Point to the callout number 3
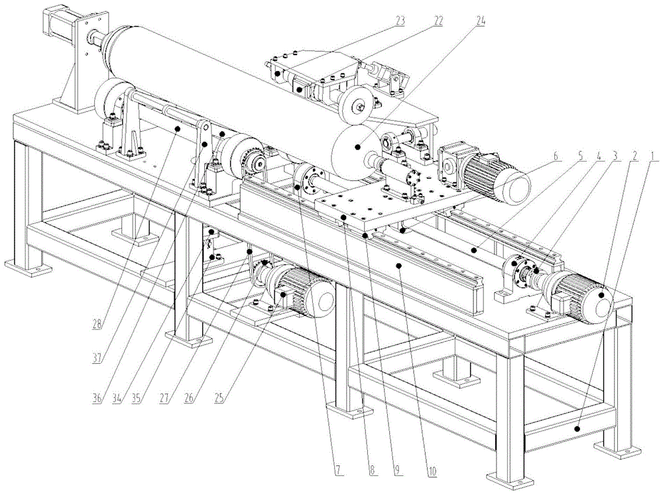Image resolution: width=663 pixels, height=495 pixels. coord(615,157)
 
